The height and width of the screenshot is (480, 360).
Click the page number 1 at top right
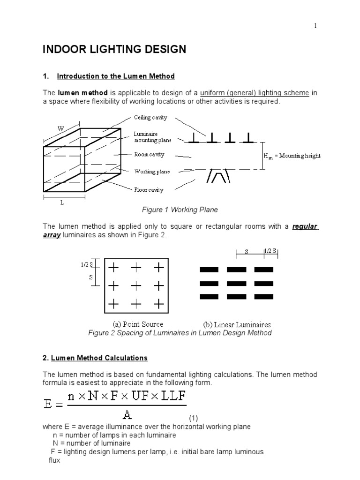(x=315, y=26)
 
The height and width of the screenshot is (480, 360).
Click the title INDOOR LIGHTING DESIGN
(x=115, y=49)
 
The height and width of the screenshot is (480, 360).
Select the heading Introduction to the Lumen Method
(x=115, y=76)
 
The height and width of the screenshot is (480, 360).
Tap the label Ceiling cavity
(x=150, y=118)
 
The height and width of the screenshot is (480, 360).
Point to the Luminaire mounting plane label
(x=152, y=137)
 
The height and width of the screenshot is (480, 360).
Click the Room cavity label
(x=149, y=154)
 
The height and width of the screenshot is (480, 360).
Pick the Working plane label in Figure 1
(x=151, y=172)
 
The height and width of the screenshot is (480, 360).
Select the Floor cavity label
(x=149, y=190)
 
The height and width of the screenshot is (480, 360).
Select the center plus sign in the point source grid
(x=136, y=286)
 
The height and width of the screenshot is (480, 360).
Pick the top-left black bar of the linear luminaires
(x=209, y=270)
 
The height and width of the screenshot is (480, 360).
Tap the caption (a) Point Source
(x=138, y=324)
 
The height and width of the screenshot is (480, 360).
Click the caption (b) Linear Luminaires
(x=237, y=324)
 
